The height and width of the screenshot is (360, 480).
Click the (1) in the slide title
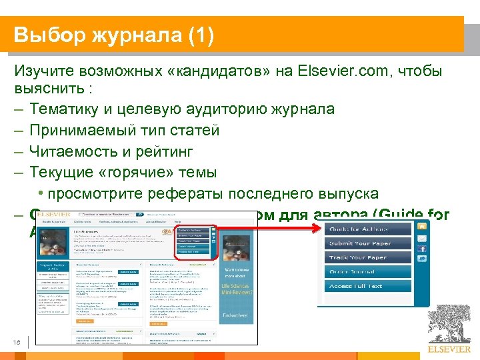click(198, 35)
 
